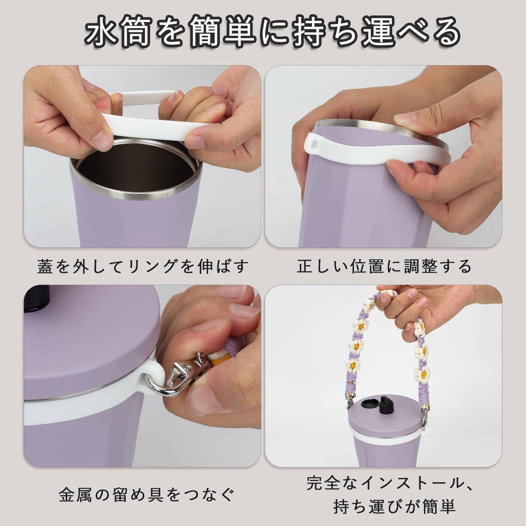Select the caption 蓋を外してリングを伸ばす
[143, 267]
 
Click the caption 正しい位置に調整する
[384, 267]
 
